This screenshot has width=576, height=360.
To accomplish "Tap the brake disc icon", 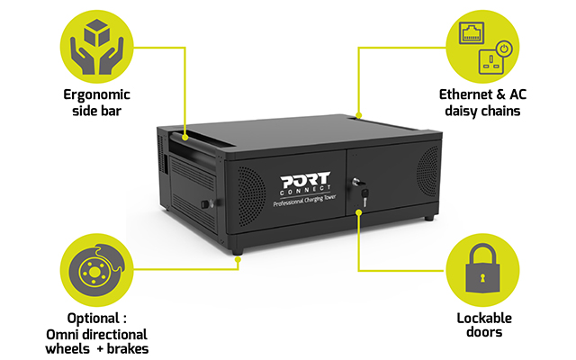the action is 96,270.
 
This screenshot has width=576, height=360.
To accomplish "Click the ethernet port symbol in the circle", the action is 472,32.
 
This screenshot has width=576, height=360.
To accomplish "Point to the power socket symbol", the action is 491,61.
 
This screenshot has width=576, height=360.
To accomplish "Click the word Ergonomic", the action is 96,95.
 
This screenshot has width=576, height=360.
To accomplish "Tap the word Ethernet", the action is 466,94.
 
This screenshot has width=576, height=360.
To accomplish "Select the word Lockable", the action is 484,318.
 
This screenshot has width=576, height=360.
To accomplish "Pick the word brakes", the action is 128,348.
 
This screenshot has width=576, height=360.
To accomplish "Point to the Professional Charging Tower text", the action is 304,201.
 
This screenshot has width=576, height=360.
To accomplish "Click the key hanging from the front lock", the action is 364,197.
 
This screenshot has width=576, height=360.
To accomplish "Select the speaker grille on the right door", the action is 427,171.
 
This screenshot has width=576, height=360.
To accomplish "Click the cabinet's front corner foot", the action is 238,252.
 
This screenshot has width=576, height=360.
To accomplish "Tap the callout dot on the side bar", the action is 185,138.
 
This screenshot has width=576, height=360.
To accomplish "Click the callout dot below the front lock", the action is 358,212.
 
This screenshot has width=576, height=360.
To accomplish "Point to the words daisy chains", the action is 482,112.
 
